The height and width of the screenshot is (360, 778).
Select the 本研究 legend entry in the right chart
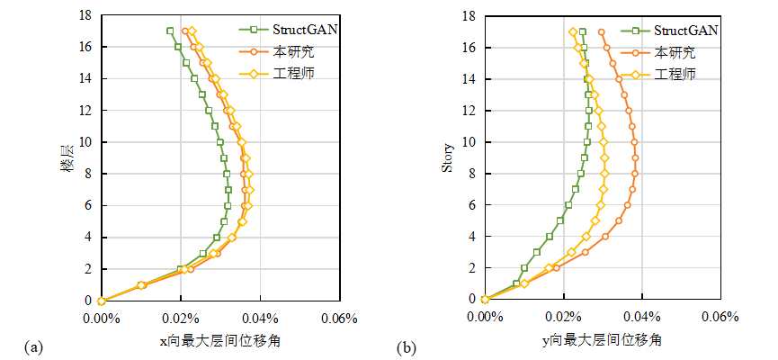point(675,52)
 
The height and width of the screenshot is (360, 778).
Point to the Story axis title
point(448,157)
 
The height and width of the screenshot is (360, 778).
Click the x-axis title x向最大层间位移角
point(219,340)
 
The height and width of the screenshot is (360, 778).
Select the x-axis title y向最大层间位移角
point(603,340)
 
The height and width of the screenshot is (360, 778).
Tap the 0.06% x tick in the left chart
point(339,318)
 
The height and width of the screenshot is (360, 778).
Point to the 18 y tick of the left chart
point(85,15)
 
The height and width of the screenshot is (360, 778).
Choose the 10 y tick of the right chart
point(469,141)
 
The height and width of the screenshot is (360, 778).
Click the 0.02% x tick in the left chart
point(180,318)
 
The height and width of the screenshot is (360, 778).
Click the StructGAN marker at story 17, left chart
point(170,31)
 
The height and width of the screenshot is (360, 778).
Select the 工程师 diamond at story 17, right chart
point(573,31)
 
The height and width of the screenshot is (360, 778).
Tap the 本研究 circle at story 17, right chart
point(602,31)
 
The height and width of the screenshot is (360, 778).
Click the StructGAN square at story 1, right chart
point(516,283)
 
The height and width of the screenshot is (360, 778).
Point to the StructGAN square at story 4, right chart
point(550,237)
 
